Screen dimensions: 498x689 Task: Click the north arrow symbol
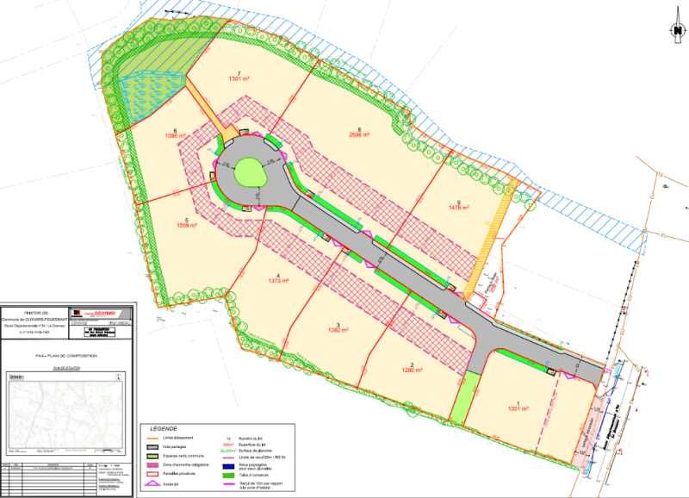pyautogui.click(x=677, y=31)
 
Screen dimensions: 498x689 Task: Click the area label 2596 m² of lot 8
pyautogui.click(x=359, y=134)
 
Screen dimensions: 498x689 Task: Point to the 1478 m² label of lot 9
pyautogui.click(x=458, y=208)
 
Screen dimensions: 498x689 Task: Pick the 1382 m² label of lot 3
pyautogui.click(x=338, y=329)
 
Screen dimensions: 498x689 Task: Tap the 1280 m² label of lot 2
pyautogui.click(x=413, y=370)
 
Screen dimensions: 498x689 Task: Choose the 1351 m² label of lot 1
pyautogui.click(x=518, y=408)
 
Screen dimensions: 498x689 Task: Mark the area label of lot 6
pyautogui.click(x=176, y=136)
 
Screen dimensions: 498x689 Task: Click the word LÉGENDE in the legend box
pyautogui.click(x=164, y=428)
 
